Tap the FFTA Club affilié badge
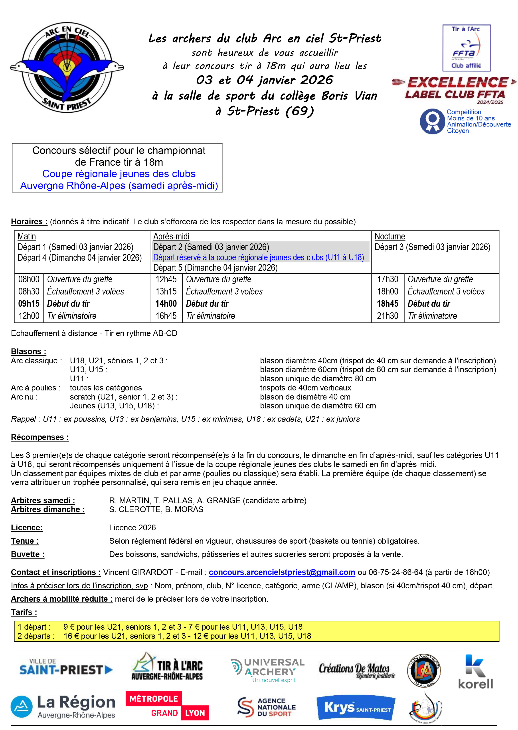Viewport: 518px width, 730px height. pyautogui.click(x=466, y=48)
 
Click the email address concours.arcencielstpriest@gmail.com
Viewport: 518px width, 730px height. pyautogui.click(x=282, y=572)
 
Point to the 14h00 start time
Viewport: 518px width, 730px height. pyautogui.click(x=166, y=304)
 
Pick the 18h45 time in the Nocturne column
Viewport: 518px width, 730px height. pyautogui.click(x=388, y=304)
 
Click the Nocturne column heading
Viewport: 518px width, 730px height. pyautogui.click(x=389, y=237)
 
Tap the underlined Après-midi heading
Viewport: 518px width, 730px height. pyautogui.click(x=171, y=237)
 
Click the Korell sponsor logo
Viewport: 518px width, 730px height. pyautogui.click(x=475, y=671)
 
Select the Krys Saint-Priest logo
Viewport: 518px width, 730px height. pyautogui.click(x=356, y=708)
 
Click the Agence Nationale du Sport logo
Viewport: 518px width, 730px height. pyautogui.click(x=267, y=707)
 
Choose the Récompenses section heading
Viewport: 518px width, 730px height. pyautogui.click(x=40, y=437)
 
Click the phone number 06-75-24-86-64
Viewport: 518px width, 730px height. pyautogui.click(x=395, y=572)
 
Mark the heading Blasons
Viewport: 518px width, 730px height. pyautogui.click(x=28, y=351)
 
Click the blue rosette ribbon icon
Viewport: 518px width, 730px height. pyautogui.click(x=432, y=121)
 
